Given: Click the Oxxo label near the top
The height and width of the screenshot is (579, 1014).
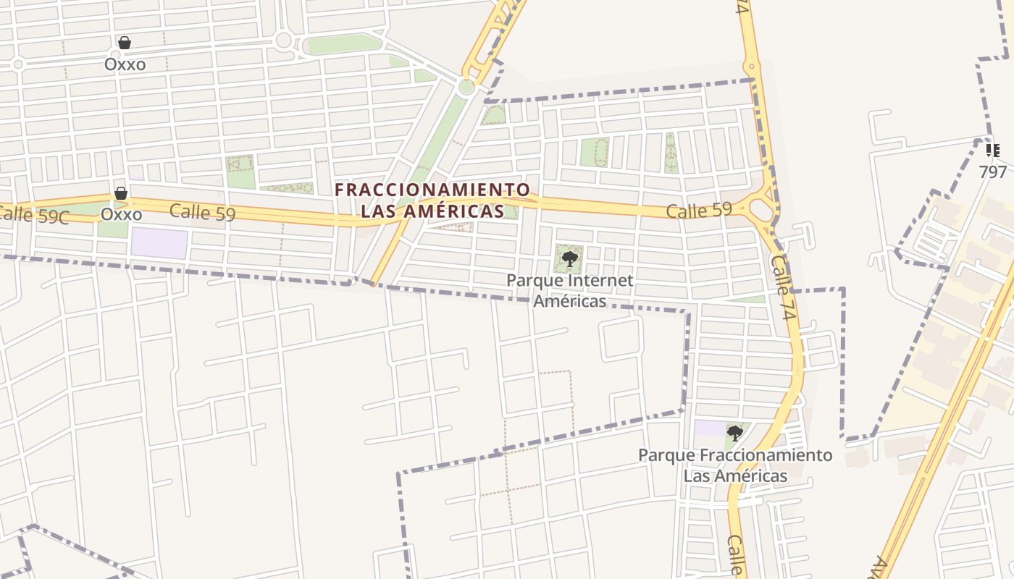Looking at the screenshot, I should [125, 64].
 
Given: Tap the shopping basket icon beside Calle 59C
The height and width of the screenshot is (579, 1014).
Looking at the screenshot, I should [121, 193].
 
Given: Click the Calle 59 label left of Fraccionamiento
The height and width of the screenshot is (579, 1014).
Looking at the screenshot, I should [202, 212].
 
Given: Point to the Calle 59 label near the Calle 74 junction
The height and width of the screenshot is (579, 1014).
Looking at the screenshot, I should [699, 211].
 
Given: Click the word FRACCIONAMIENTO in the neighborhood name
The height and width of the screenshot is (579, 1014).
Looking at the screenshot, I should [432, 190].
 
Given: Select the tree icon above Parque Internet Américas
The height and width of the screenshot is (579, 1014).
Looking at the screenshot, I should [569, 258].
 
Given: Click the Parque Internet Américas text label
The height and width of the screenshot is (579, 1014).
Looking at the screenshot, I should [569, 290].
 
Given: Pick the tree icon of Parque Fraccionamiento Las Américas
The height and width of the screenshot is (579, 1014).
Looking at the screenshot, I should [735, 434].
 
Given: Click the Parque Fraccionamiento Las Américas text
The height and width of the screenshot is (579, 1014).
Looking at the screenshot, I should [735, 465].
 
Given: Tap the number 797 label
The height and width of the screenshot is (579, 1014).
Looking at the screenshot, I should [992, 172].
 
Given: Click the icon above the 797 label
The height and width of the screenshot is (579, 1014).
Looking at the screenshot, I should [992, 151].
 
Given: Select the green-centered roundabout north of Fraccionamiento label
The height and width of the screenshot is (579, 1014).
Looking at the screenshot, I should [466, 88].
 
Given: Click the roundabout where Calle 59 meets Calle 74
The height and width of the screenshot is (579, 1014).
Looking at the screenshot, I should [761, 210].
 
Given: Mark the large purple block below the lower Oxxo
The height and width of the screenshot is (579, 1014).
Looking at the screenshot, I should [159, 243].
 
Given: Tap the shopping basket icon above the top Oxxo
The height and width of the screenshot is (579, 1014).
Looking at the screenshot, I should [125, 43].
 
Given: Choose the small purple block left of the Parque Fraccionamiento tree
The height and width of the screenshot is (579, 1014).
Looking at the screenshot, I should [709, 428].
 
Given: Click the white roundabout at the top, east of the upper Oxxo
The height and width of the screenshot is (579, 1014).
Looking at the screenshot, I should [283, 41].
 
